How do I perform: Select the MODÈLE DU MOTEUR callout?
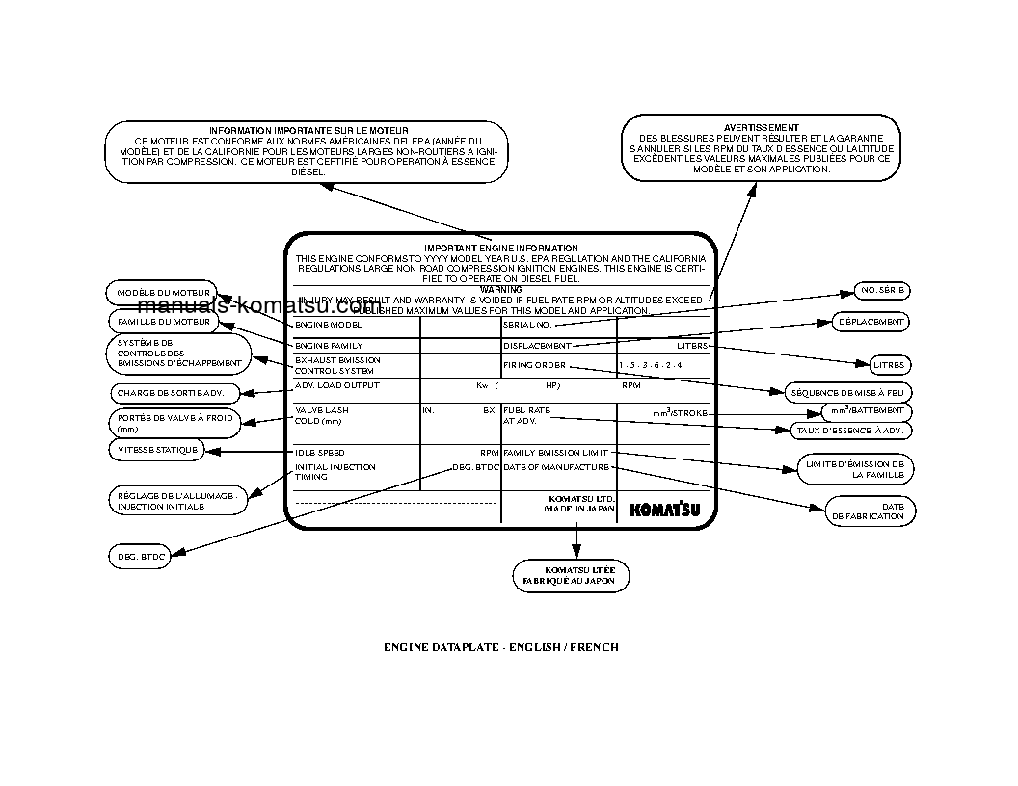click(x=163, y=292)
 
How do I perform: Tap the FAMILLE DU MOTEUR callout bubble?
click(x=163, y=322)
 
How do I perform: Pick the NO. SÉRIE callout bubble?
click(x=882, y=291)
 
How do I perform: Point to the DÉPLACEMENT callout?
click(x=871, y=322)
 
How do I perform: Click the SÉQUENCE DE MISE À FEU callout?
click(x=849, y=393)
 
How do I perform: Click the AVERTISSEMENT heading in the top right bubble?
click(x=761, y=127)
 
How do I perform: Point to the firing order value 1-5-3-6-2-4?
click(x=651, y=366)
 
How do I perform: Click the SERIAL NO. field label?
click(x=527, y=326)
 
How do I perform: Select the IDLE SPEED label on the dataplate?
click(x=320, y=452)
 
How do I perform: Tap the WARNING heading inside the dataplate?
click(x=501, y=289)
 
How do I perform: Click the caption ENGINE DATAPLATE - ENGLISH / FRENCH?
click(x=501, y=647)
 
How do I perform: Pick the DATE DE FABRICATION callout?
click(x=870, y=511)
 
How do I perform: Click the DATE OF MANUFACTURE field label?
click(x=556, y=467)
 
